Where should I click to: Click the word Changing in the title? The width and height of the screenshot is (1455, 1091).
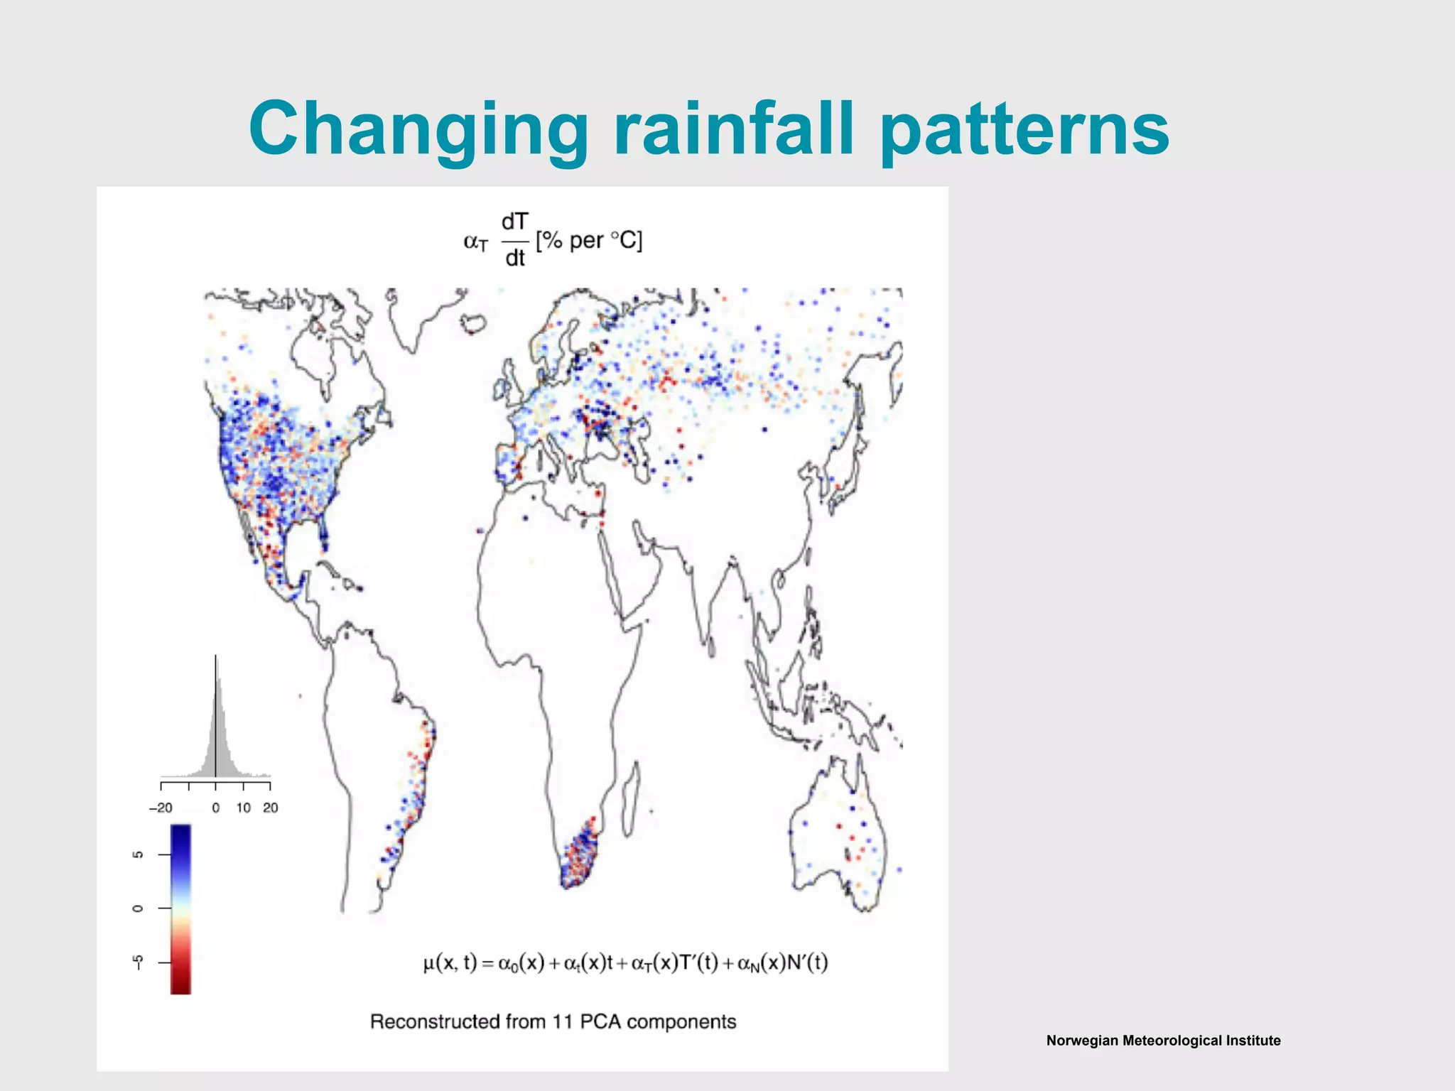pos(418,131)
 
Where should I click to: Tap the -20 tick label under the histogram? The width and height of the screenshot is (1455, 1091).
pos(161,808)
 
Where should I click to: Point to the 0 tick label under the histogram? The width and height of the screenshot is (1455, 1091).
pos(216,808)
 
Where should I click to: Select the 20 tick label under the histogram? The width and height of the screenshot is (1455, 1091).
pos(271,808)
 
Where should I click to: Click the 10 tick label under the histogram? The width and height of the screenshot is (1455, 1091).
pos(244,808)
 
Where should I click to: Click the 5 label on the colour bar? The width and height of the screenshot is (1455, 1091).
pos(139,854)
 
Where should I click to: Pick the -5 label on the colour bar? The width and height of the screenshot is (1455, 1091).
pos(139,962)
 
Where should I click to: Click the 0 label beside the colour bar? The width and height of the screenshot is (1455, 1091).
pos(139,908)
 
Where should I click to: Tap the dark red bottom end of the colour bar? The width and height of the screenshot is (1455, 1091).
pos(180,986)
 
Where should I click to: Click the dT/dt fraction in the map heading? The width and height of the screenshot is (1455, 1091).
pos(514,240)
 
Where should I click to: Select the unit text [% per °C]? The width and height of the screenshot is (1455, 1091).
pos(589,241)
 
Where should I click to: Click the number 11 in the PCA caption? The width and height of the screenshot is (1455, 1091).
pos(563,1021)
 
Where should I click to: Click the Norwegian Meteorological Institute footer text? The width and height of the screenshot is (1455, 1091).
pos(1163,1041)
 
